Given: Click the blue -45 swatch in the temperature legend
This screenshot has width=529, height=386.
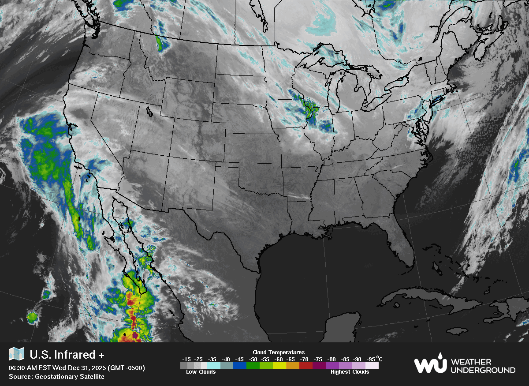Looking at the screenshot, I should (x=240, y=365).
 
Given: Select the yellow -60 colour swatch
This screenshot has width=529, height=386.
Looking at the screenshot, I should (x=279, y=365).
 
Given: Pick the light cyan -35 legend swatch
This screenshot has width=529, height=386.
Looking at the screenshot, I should (x=213, y=365).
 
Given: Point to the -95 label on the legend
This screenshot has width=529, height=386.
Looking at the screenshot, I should (x=371, y=359).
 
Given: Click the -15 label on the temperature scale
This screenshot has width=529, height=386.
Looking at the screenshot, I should (x=186, y=359).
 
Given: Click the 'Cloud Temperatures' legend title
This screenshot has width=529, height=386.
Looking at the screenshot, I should (x=279, y=352).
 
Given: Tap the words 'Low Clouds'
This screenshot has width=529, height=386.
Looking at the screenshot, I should (x=201, y=372).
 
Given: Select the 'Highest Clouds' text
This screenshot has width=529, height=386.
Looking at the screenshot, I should (x=350, y=372).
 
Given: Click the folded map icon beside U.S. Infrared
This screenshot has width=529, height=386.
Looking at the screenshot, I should (x=17, y=354).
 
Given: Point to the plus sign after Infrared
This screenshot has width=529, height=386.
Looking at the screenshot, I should (x=102, y=355).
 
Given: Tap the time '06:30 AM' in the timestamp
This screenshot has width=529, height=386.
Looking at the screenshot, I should (x=22, y=368).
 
